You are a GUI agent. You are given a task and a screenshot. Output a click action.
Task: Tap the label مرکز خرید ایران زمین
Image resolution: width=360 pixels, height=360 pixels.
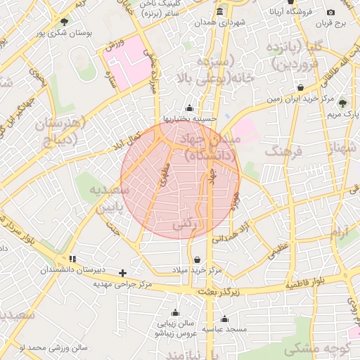point(298,99)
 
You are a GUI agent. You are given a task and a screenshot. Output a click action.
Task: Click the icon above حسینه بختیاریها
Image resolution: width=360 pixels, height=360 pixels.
point(189,108)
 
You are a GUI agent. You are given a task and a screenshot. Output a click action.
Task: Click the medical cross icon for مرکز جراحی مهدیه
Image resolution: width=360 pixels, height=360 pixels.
point(123,272)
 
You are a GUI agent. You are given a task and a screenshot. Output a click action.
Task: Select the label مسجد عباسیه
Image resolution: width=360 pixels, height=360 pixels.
point(224,329)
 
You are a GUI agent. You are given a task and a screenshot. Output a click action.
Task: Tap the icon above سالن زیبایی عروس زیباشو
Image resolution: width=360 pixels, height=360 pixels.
point(175,312)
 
